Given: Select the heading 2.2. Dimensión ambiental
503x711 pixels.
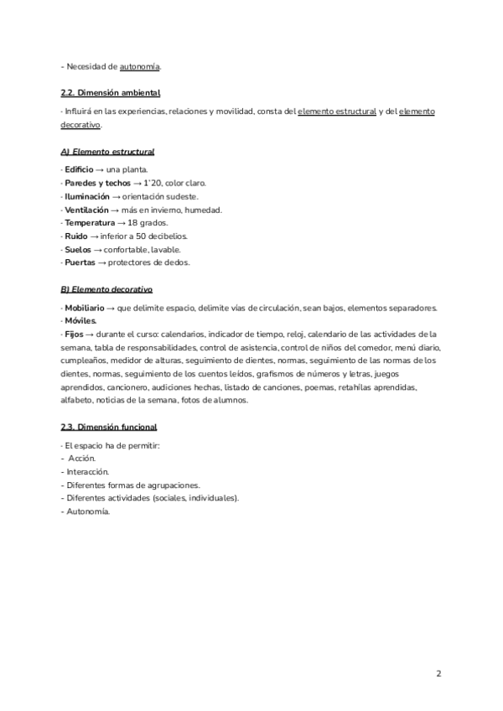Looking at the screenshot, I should tap(111, 92).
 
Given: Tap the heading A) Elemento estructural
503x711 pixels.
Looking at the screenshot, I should tap(107, 152).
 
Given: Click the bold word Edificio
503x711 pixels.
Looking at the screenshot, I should tap(79, 169).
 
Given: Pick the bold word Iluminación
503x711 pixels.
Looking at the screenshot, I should tap(87, 196).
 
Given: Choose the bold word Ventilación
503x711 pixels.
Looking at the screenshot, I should tap(86, 210).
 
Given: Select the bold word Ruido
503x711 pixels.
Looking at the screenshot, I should tap(76, 236).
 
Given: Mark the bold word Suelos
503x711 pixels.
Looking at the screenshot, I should tap(78, 249).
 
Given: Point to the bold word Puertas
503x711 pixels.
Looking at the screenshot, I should tap(80, 262).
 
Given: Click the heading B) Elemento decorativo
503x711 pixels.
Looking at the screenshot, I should tap(106, 289).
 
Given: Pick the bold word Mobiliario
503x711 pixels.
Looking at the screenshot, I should tap(85, 308).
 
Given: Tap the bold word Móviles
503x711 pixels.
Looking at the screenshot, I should tap(81, 320).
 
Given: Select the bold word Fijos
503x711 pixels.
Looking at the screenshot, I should tap(75, 334).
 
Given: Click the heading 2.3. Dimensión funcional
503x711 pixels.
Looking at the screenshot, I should tap(109, 427).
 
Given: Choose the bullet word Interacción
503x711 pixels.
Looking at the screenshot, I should tap(88, 471).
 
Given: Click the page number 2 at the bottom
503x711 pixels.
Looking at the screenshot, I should tap(438, 673).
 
